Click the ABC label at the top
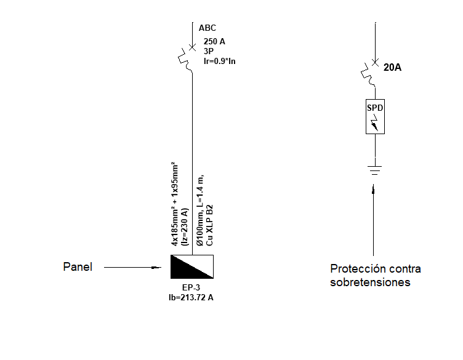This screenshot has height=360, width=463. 207,28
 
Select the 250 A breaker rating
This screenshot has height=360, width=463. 214,41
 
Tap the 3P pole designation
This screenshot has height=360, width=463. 209,52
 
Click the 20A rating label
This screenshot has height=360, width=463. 392,68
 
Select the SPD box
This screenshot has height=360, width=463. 376,116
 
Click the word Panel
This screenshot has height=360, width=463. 78,267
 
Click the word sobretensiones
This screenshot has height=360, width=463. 370,282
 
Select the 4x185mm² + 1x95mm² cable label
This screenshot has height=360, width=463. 174,202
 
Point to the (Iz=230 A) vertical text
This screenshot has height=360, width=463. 184,228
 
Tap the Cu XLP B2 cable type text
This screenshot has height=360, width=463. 209,224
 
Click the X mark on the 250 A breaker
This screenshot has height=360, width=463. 192,47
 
